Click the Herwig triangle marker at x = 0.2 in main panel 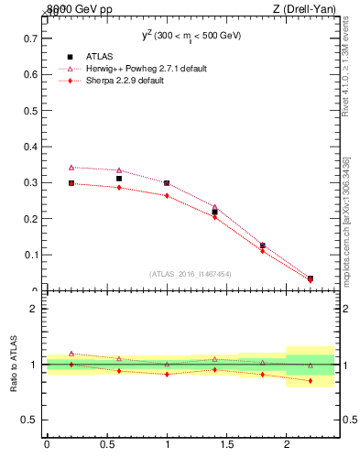click(x=71, y=168)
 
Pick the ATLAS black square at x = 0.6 click(x=119, y=179)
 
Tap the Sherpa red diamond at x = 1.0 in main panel click(x=167, y=195)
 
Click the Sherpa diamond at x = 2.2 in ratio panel click(x=310, y=381)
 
